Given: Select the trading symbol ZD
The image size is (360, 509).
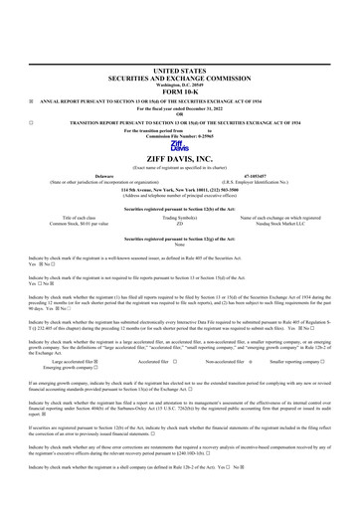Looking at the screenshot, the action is (180, 225).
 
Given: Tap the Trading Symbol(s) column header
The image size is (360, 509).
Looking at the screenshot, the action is (180, 218).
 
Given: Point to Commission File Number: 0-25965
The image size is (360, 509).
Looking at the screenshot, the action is (180, 135).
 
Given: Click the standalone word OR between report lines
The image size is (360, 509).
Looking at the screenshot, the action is (180, 112).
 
